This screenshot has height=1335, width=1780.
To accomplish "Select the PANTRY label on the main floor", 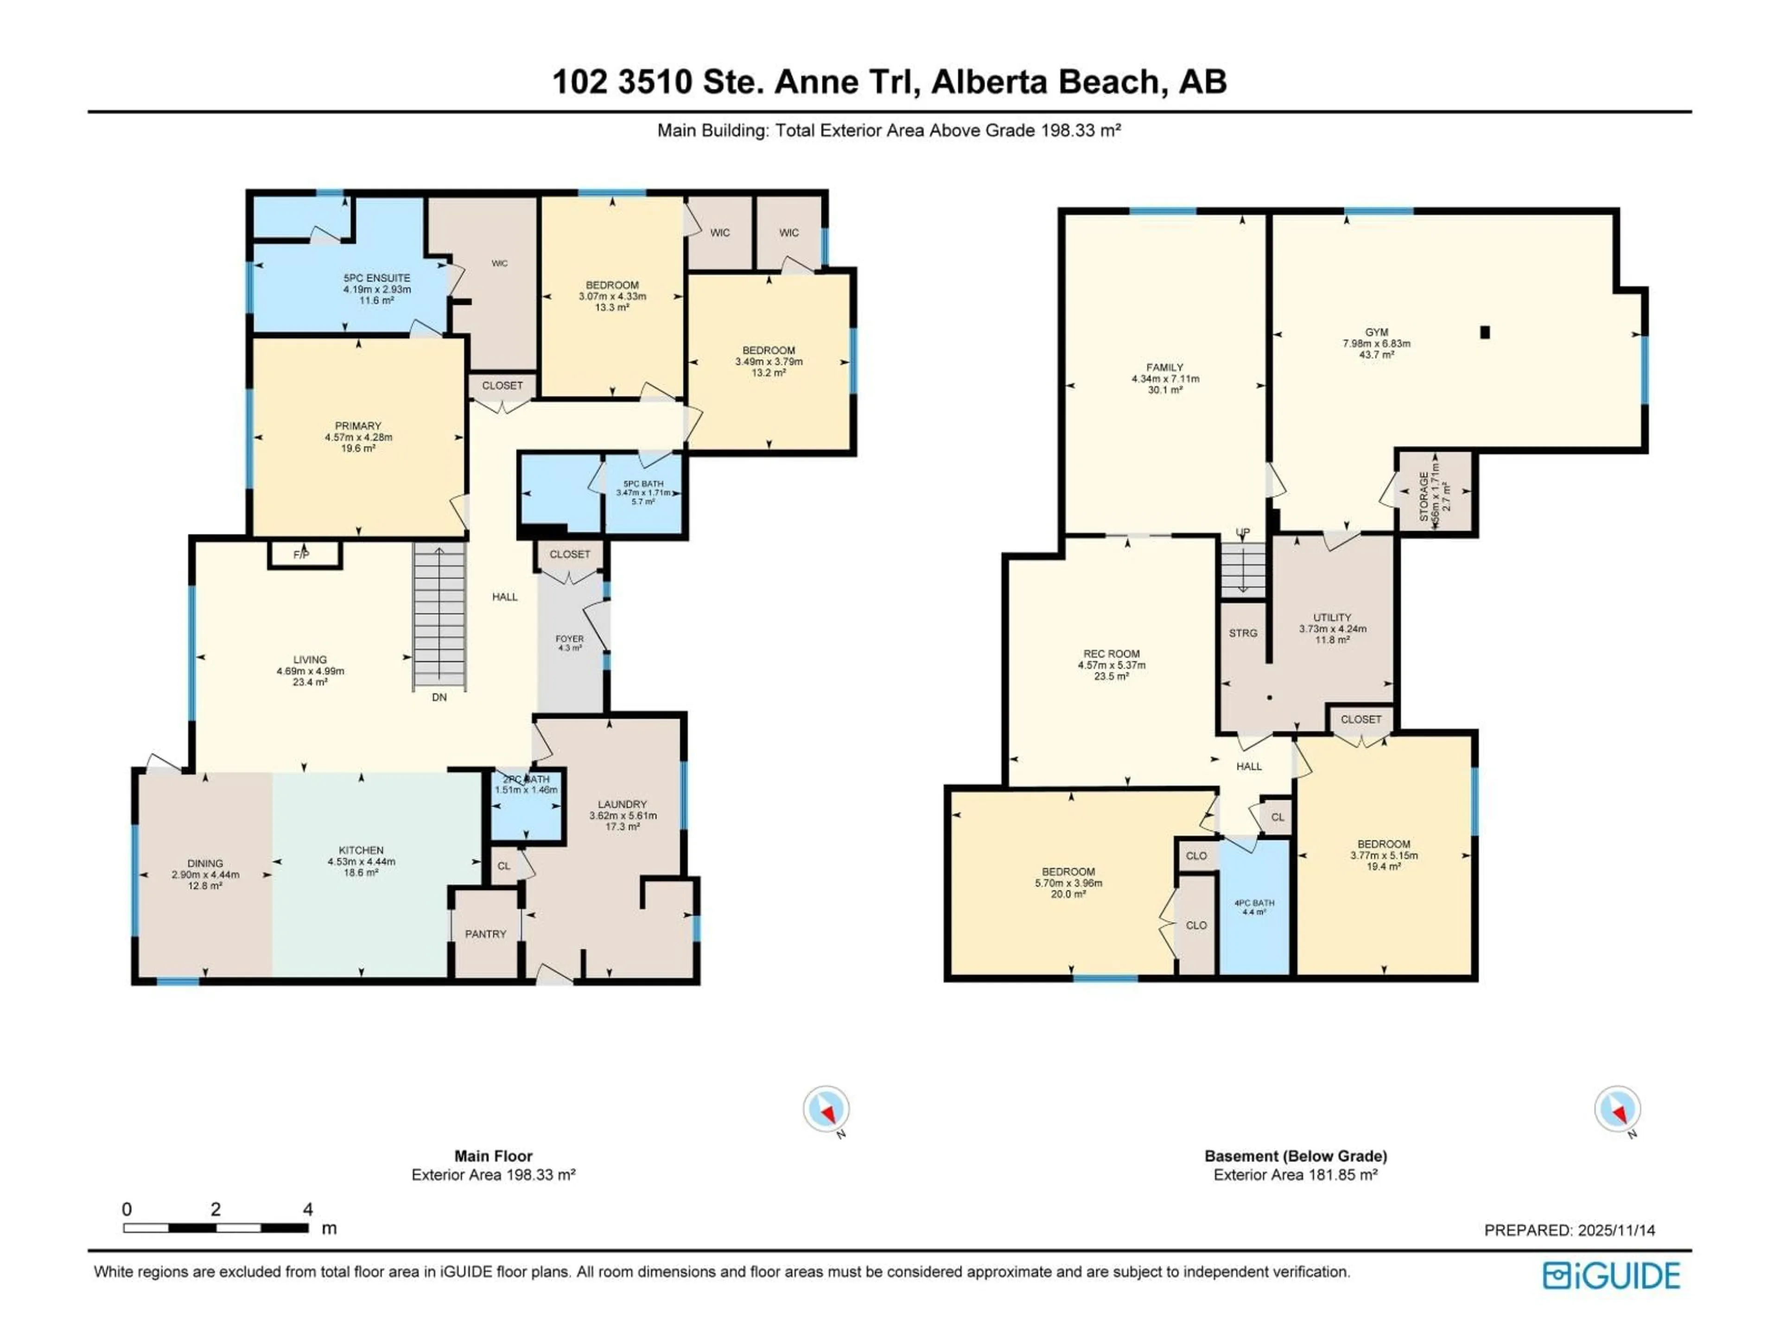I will tap(485, 934).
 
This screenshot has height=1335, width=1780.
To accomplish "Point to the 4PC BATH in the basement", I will tap(1254, 907).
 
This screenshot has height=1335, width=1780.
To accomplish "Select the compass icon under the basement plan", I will tap(1617, 1109).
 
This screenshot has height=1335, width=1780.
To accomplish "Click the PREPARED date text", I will tap(1569, 1230).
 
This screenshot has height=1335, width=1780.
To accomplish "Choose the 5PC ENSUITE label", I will tap(376, 278).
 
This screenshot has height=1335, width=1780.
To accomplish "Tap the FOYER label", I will tap(570, 639).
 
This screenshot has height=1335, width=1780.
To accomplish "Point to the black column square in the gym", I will tap(1486, 331).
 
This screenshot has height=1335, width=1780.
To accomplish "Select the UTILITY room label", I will tap(1332, 618).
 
